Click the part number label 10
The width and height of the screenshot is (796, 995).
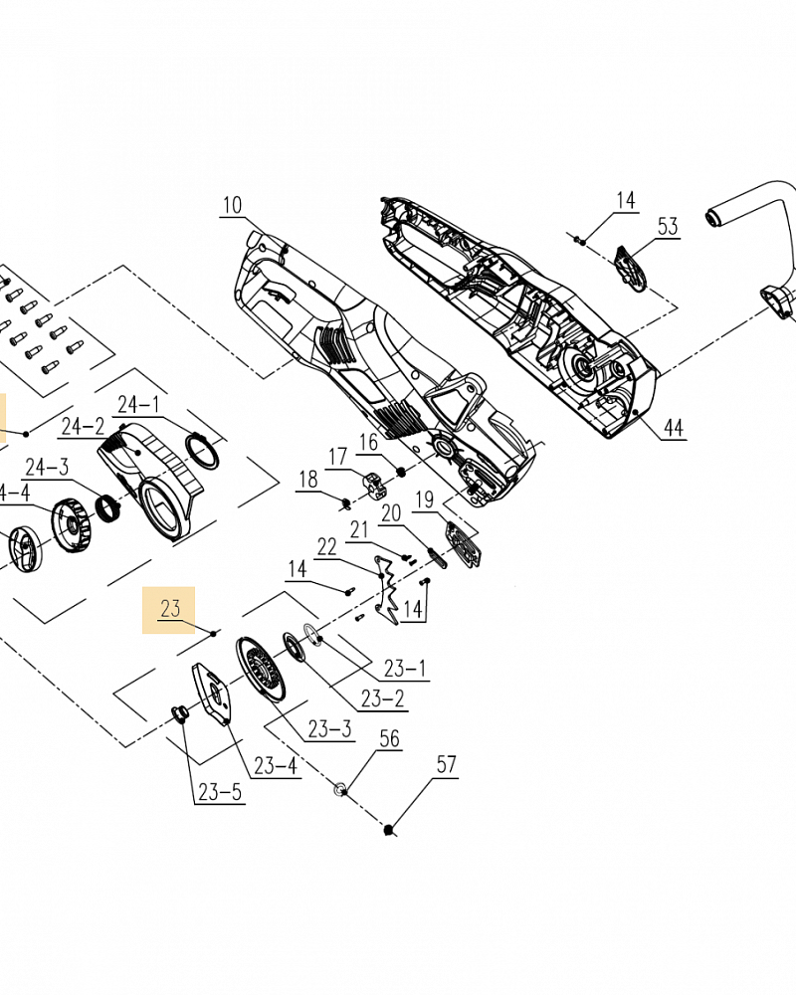click(232, 206)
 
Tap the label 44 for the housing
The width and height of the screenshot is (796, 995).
click(674, 428)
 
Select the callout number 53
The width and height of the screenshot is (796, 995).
click(667, 227)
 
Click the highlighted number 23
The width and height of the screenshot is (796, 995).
click(170, 608)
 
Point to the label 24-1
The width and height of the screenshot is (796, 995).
click(138, 404)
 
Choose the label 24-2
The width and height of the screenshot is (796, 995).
click(84, 427)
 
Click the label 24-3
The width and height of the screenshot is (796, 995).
click(47, 467)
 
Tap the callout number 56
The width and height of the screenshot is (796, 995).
click(389, 737)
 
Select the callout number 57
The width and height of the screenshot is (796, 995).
click(447, 764)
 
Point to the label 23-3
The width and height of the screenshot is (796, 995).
click(329, 729)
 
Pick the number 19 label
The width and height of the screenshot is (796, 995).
click(425, 499)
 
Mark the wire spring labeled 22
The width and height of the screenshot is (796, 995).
click(389, 592)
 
